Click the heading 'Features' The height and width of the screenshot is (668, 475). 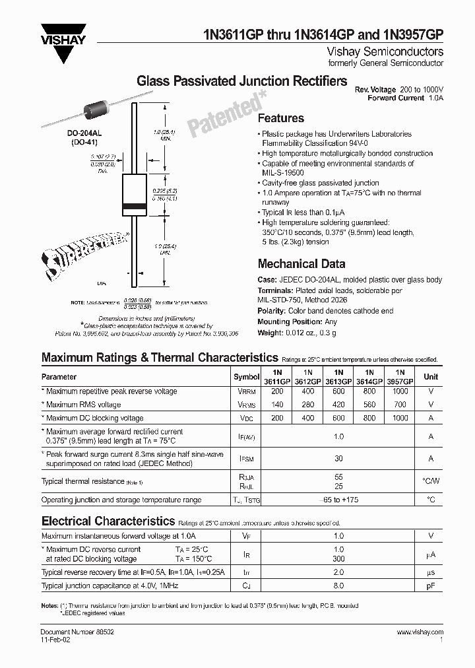[280, 118]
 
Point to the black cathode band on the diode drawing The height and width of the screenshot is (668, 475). [133, 207]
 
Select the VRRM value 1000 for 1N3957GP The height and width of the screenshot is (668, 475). [400, 391]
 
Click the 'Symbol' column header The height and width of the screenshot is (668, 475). [247, 377]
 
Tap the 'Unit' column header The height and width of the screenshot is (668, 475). [430, 377]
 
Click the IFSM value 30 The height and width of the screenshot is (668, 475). [339, 459]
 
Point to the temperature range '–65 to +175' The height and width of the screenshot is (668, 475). [339, 500]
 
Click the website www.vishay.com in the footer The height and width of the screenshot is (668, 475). [420, 632]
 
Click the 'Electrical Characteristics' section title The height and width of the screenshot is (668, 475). [108, 521]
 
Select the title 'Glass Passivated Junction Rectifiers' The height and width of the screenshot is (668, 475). [241, 81]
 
